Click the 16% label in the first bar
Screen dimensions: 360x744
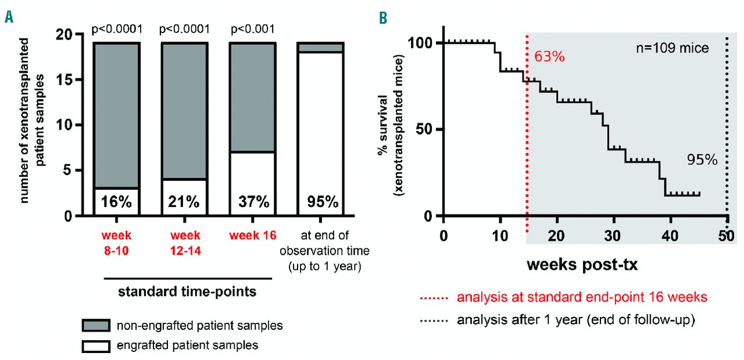[x=116, y=202]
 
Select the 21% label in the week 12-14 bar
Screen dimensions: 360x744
[x=184, y=202]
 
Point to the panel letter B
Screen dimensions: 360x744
[x=382, y=17]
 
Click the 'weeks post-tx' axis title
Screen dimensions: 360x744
[x=582, y=265]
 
